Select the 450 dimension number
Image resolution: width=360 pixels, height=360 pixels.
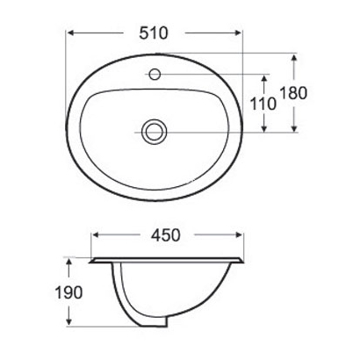pyautogui.click(x=166, y=234)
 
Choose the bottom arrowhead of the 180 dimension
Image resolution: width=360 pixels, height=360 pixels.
pyautogui.click(x=294, y=130)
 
